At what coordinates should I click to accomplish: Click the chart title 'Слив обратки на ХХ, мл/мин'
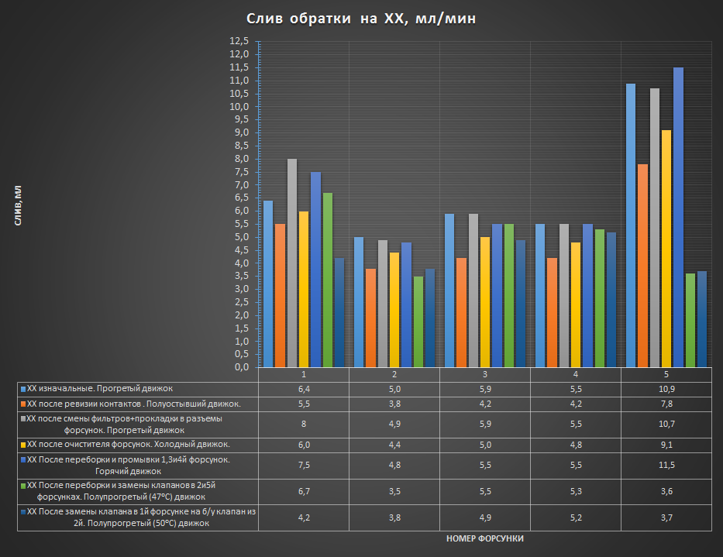click(x=361, y=19)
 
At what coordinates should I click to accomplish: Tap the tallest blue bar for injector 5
click(x=678, y=217)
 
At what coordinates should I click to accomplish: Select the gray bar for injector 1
click(x=292, y=263)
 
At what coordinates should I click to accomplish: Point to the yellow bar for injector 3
click(x=485, y=302)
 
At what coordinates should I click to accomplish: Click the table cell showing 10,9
click(x=666, y=388)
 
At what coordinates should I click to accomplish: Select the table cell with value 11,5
click(x=666, y=465)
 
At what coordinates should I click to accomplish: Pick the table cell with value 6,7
click(x=303, y=491)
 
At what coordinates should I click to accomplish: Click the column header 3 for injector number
click(x=484, y=373)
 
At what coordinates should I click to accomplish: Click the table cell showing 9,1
click(x=666, y=444)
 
